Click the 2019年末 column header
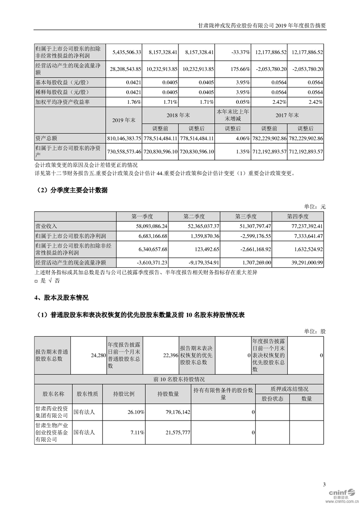pyautogui.click(x=123, y=120)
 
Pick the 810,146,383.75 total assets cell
pyautogui.click(x=123, y=137)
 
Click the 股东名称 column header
pyautogui.click(x=54, y=393)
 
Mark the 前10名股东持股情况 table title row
pyautogui.click(x=179, y=379)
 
